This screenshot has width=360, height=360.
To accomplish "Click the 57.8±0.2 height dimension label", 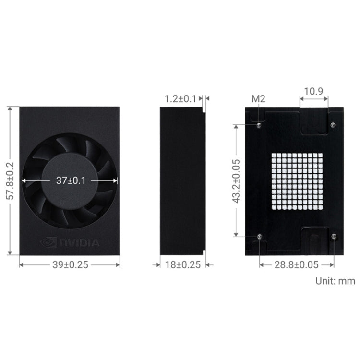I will (9, 181).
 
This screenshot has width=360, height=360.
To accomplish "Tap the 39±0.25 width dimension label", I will (69, 264).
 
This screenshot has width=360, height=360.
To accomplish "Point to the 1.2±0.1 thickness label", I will (180, 99).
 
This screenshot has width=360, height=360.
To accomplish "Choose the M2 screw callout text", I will (259, 99).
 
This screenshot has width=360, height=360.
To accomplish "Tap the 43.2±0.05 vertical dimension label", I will (236, 181).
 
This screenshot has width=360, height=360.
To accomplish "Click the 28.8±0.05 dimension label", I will (297, 264).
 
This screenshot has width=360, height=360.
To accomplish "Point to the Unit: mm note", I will (335, 281).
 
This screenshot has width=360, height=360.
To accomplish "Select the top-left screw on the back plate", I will (259, 126).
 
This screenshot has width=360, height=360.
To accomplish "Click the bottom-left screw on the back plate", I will (259, 236).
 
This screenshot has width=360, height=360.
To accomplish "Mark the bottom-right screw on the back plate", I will (334, 236).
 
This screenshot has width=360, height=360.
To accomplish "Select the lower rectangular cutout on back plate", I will (314, 240).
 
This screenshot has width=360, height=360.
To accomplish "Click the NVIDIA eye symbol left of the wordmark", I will (48, 242).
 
